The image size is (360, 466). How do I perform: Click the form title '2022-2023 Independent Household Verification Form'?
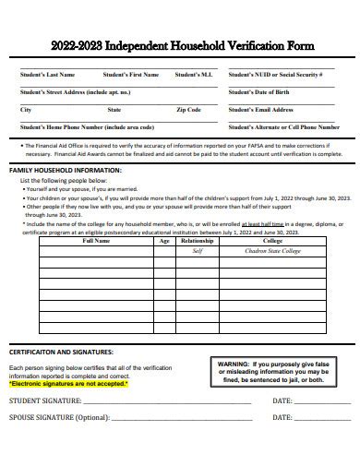pyautogui.click(x=180, y=43)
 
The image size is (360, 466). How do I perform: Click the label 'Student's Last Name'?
pyautogui.click(x=48, y=74)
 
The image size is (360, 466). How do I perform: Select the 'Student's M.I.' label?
pyautogui.click(x=192, y=74)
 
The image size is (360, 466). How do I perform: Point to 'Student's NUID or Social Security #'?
pyautogui.click(x=275, y=74)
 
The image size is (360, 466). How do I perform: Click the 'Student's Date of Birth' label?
pyautogui.click(x=259, y=91)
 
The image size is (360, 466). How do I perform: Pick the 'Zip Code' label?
pyautogui.click(x=187, y=109)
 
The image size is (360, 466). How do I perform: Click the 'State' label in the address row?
pyautogui.click(x=114, y=109)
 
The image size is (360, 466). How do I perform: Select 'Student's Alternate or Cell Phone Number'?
pyautogui.click(x=281, y=126)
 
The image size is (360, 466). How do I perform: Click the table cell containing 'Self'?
pyautogui.click(x=197, y=251)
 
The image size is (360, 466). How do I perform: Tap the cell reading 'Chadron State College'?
pyautogui.click(x=272, y=251)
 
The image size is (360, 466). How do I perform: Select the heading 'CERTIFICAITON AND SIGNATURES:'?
pyautogui.click(x=61, y=352)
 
